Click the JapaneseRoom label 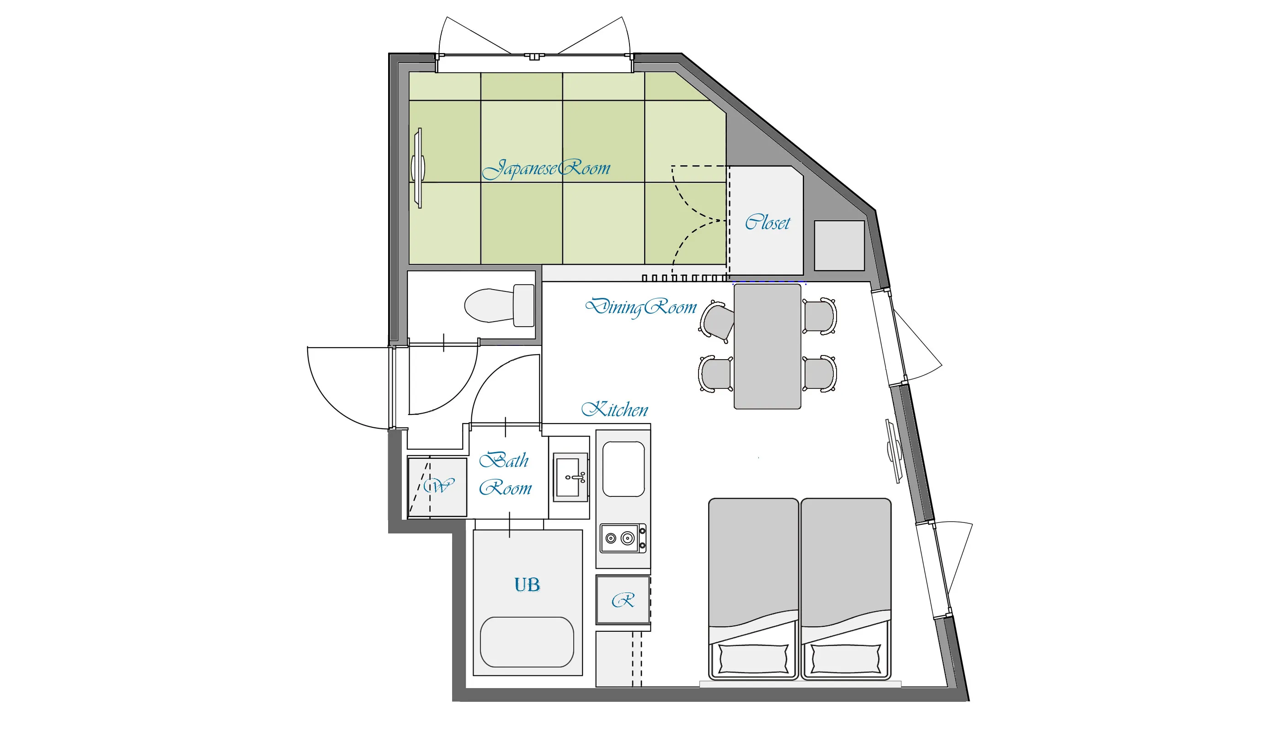(546, 168)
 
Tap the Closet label (767, 222)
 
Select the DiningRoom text (641, 307)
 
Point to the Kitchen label (614, 409)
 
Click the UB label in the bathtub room (527, 585)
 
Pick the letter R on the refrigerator (623, 600)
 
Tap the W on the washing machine (438, 486)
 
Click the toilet (499, 305)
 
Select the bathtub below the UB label (527, 642)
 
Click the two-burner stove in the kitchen (624, 538)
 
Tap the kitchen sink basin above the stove (624, 469)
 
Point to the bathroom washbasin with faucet (570, 477)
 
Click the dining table (767, 346)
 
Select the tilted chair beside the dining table (717, 322)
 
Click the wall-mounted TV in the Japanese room (418, 168)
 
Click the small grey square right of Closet (839, 245)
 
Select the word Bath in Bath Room (504, 460)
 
